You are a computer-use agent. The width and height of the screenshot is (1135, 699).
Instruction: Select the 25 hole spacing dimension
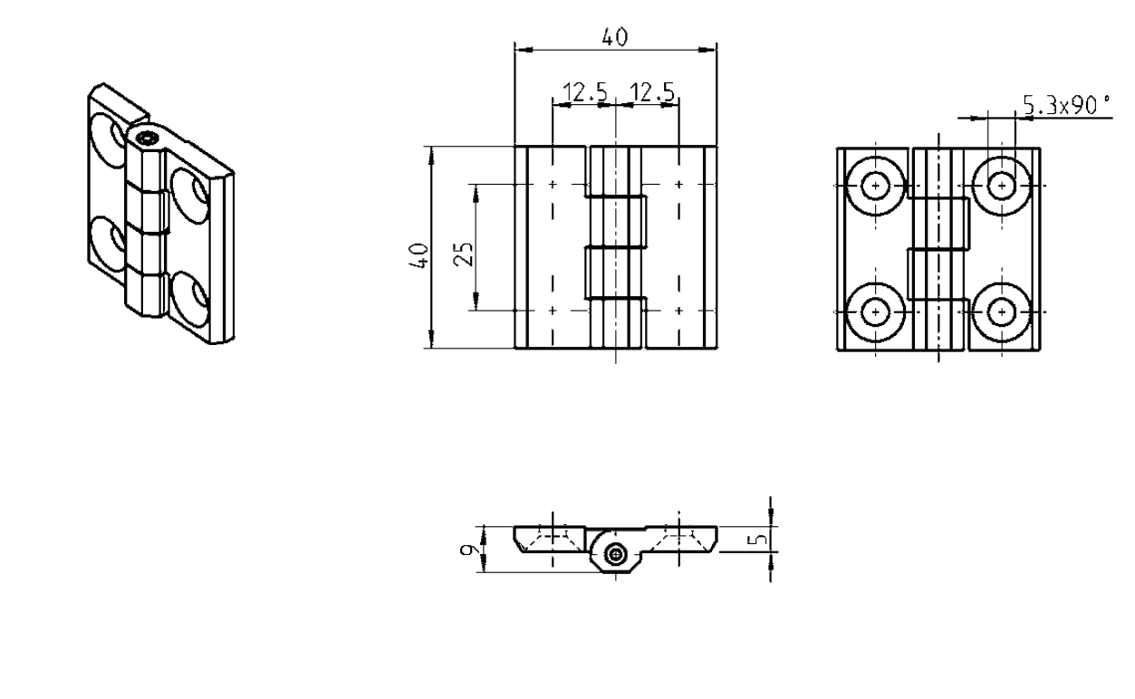coord(464,247)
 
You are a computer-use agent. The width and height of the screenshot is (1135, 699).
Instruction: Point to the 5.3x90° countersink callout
coord(1065,107)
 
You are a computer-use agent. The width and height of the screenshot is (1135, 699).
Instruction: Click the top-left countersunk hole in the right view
coord(876,185)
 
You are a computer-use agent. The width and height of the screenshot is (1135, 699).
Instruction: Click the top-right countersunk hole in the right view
coord(1001,185)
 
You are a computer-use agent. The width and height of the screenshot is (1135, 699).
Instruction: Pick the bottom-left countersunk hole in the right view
coord(876,311)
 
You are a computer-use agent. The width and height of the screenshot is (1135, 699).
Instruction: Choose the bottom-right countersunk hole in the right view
coord(1001,311)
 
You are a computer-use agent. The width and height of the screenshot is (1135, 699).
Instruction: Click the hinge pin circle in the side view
coord(616,555)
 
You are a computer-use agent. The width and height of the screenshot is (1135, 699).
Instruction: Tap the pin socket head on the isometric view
coord(146,139)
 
